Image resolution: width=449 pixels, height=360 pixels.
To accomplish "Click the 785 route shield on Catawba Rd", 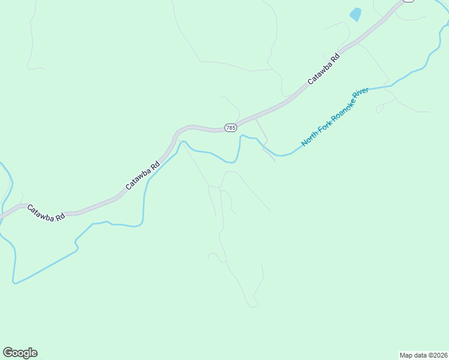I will pos(231,128).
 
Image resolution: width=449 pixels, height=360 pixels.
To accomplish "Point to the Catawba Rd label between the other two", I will pos(143,176).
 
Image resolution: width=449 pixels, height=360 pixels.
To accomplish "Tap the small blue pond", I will pos(356,14).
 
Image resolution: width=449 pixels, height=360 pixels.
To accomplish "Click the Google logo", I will pos(20,353).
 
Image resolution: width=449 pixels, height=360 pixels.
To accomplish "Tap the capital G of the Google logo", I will pos(8,353).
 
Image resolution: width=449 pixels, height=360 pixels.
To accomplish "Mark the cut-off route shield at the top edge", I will pos(409,1).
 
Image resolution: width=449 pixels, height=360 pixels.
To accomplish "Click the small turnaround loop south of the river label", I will pos(379,109).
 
